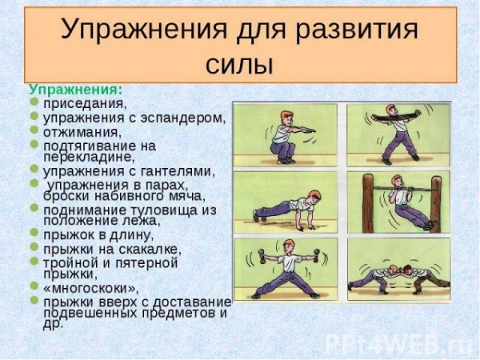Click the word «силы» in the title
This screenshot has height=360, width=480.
point(238,66)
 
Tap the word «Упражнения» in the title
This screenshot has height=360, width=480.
point(144,30)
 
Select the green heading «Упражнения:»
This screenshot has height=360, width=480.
point(76,90)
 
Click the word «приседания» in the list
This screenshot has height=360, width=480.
point(85,104)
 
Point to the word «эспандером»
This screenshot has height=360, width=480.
point(183,118)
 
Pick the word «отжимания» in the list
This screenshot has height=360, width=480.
point(81,133)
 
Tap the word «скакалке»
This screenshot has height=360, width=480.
point(150,250)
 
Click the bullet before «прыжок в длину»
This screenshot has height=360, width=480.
point(34,232)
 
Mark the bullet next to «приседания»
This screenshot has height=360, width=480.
point(34,102)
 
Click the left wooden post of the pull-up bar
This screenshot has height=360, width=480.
point(368,203)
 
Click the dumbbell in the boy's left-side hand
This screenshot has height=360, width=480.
point(262,256)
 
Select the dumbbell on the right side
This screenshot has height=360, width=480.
point(317,256)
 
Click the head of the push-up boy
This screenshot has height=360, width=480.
point(314,198)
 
